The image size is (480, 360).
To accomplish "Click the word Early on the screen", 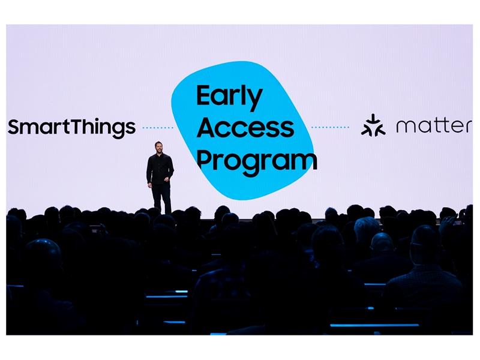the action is point(229,97).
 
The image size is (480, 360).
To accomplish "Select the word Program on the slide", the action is point(257,161).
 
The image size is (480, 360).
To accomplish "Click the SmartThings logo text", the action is point(71,128).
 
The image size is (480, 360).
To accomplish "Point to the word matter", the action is point(434,126).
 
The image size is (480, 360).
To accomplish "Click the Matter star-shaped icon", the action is point(373,125).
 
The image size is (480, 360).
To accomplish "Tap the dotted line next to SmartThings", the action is point(158,127).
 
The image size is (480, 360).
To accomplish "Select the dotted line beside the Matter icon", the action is point(330,127).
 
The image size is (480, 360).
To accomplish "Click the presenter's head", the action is point(158,148).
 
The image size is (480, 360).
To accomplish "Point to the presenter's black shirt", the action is point(160,169).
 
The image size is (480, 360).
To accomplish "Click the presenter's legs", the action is point(162,199).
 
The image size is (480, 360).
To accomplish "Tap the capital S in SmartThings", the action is point(14,127).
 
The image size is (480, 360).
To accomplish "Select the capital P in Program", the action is point(204,160).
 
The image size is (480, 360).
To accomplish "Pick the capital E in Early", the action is point(204,95).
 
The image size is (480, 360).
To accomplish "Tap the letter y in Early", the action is point(254,100).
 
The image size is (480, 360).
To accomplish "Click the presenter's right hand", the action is point(149,185).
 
